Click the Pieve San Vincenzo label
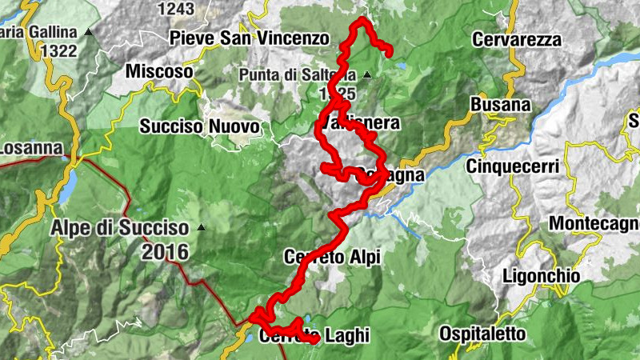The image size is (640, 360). (249, 38)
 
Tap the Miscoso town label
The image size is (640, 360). (159, 71)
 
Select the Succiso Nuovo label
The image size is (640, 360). (199, 126)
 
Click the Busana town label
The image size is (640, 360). (501, 105)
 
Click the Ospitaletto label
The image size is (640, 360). (482, 333)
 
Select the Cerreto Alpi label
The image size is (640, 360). (332, 257)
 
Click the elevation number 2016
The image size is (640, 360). (165, 253)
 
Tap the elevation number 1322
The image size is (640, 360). (62, 51)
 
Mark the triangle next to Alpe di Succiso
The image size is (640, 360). (201, 227)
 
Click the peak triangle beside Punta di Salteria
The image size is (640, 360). (367, 75)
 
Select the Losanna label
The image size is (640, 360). (30, 148)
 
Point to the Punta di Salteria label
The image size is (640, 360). (297, 75)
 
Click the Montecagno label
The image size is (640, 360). (594, 223)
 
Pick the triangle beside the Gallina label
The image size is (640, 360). (89, 33)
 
